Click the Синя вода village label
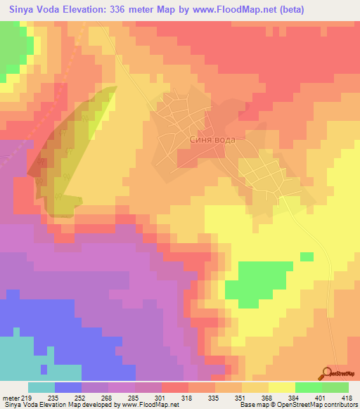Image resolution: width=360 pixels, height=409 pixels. point(212,140)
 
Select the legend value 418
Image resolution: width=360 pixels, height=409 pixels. point(347,398)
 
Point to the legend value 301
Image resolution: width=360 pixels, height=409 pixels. point(162,398)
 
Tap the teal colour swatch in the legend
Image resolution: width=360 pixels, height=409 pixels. point(41,387)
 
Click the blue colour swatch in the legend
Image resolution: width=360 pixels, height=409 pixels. point(68,387)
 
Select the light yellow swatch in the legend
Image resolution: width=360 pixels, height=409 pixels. point(281,387)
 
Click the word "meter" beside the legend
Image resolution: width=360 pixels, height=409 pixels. point(11,398)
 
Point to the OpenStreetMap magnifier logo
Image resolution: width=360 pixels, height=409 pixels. point(327,372)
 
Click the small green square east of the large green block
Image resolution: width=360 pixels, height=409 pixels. point(307,256)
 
